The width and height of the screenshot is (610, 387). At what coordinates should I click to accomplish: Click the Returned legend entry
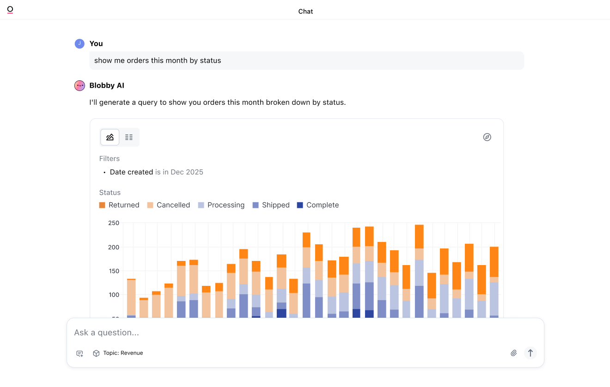tap(119, 205)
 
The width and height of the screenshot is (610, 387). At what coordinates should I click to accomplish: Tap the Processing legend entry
tap(221, 205)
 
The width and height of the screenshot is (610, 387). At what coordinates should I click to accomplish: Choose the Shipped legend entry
tap(271, 205)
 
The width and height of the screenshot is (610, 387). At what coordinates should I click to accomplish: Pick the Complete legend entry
tap(317, 205)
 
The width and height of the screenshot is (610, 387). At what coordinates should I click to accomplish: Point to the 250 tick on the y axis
tap(113, 223)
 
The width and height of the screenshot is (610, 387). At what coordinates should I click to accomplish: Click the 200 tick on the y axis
tap(113, 247)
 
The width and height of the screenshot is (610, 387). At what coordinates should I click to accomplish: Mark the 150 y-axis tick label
tap(113, 271)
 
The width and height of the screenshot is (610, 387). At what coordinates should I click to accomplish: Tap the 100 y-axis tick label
tap(113, 295)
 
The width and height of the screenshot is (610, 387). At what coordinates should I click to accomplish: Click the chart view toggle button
tap(110, 137)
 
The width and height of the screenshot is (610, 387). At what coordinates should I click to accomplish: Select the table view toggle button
tap(129, 137)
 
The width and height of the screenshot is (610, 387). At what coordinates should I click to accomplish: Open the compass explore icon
tap(487, 137)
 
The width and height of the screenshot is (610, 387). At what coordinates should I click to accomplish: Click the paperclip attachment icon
tap(513, 353)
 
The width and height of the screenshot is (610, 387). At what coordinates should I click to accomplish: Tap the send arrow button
tap(531, 353)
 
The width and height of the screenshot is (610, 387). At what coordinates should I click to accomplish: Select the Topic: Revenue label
tap(123, 353)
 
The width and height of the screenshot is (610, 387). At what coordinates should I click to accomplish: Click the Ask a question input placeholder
tap(107, 333)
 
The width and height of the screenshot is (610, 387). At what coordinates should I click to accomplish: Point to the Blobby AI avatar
tap(79, 85)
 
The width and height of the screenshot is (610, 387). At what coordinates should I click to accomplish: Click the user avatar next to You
tap(79, 43)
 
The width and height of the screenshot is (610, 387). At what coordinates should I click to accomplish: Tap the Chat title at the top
tap(305, 12)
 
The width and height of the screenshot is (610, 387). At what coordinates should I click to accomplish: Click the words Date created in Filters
tap(131, 172)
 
